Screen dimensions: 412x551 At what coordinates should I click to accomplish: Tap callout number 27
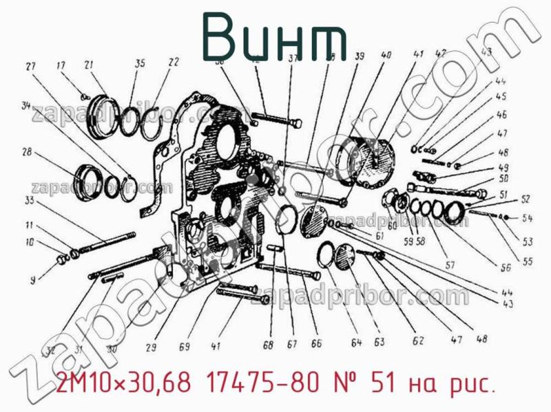[x=30, y=67]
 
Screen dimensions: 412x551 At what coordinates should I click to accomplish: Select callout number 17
[x=61, y=66]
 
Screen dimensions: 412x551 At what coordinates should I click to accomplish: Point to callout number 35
[x=140, y=64]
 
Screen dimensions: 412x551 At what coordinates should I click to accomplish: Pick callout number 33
[x=29, y=201]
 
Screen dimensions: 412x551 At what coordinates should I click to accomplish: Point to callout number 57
[x=450, y=265]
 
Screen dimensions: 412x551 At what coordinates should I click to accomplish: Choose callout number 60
[x=392, y=226]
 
